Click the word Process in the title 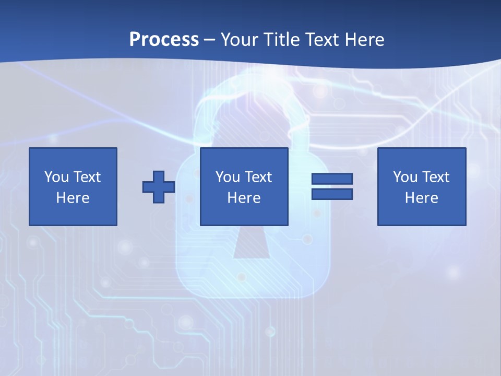164,40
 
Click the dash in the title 210,40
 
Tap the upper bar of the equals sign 332,179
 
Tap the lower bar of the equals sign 332,194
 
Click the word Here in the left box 73,198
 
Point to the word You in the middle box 228,177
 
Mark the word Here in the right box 422,198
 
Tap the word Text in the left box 87,177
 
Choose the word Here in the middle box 244,198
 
